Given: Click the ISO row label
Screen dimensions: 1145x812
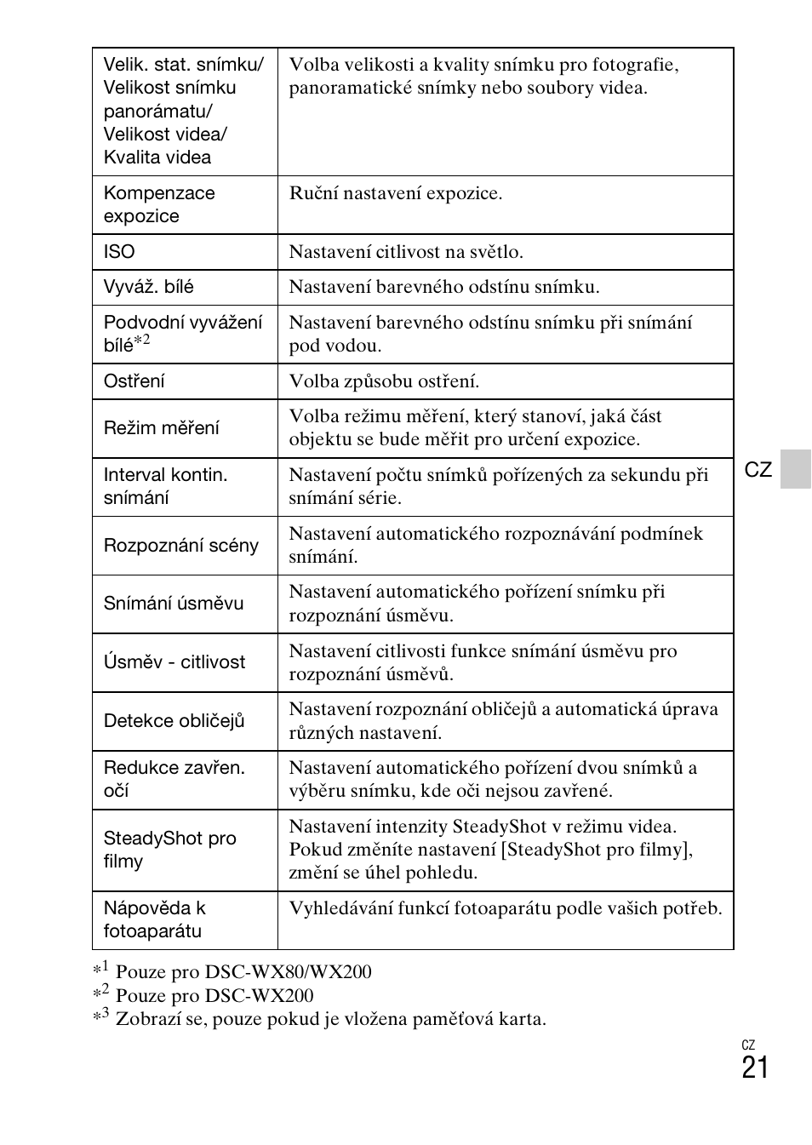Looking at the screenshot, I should point(119,252).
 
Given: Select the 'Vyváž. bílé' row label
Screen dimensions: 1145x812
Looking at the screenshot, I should point(148,287).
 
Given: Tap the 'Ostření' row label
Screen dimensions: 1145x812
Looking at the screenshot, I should point(134,381).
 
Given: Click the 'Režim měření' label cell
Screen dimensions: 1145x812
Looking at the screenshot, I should point(161,428).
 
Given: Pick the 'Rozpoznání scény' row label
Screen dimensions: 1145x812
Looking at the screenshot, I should point(180,546).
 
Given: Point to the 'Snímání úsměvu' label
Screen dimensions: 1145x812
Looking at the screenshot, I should point(173,604).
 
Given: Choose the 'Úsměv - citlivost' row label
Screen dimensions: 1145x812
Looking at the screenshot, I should point(174,662).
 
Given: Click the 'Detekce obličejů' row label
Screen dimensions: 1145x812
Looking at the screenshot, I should point(174,721).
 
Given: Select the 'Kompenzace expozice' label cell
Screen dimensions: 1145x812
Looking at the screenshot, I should point(158,204).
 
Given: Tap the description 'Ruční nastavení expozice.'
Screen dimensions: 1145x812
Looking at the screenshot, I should point(396,193).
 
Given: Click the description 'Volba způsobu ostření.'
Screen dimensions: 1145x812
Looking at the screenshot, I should point(384,381).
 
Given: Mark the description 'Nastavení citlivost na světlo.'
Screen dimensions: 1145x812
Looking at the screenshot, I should point(406,252).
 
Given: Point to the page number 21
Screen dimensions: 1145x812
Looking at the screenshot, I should point(754,1068).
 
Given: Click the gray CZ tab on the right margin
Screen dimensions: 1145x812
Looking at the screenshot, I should point(795,469).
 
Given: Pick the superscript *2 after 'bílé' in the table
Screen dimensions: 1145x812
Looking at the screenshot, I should point(142,342).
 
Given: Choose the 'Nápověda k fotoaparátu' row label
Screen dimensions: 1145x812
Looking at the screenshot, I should point(154,919).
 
